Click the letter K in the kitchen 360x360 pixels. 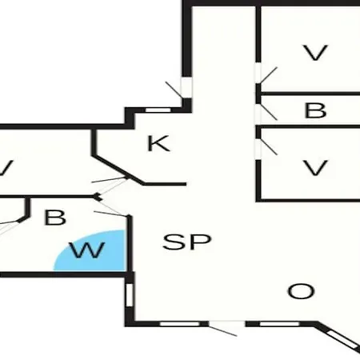point(158,143)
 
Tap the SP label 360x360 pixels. point(187,242)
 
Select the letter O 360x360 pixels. point(301,291)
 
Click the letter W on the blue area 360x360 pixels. point(87,250)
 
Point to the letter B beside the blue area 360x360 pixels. point(55,218)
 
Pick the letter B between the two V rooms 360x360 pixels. point(315,110)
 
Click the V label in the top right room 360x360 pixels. point(315,53)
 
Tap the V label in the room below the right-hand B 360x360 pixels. point(315,168)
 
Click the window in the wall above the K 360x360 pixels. point(158,110)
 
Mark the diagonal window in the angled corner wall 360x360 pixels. point(343,339)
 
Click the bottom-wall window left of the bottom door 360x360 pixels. point(180,324)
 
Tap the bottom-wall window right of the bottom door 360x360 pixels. point(279,324)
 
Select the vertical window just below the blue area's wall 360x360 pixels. point(129,295)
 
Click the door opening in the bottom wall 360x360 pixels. point(226,324)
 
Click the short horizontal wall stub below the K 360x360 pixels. point(165,184)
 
